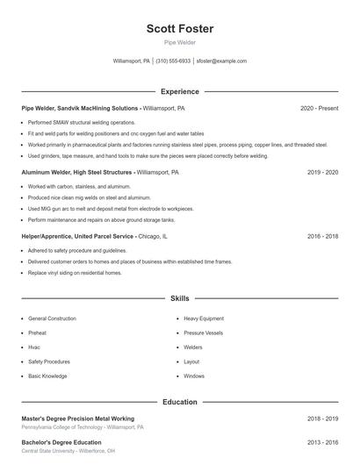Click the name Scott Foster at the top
tap(180, 29)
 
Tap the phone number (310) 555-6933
tap(174, 61)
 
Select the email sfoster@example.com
tap(221, 61)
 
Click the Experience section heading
tap(180, 91)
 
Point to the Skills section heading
tap(180, 299)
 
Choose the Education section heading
tap(180, 402)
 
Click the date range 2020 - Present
tap(319, 108)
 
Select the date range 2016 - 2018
tap(322, 236)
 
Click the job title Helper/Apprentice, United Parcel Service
tap(77, 236)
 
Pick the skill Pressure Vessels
tap(203, 333)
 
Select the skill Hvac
tap(35, 347)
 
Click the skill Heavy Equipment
tap(204, 318)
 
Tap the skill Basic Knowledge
tap(47, 376)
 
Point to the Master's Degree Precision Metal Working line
tap(78, 418)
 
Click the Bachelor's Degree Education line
tap(61, 442)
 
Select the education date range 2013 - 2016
tap(322, 442)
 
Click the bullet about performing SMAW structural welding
tap(82, 122)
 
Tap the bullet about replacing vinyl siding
tap(75, 273)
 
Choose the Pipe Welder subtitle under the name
tap(180, 42)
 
